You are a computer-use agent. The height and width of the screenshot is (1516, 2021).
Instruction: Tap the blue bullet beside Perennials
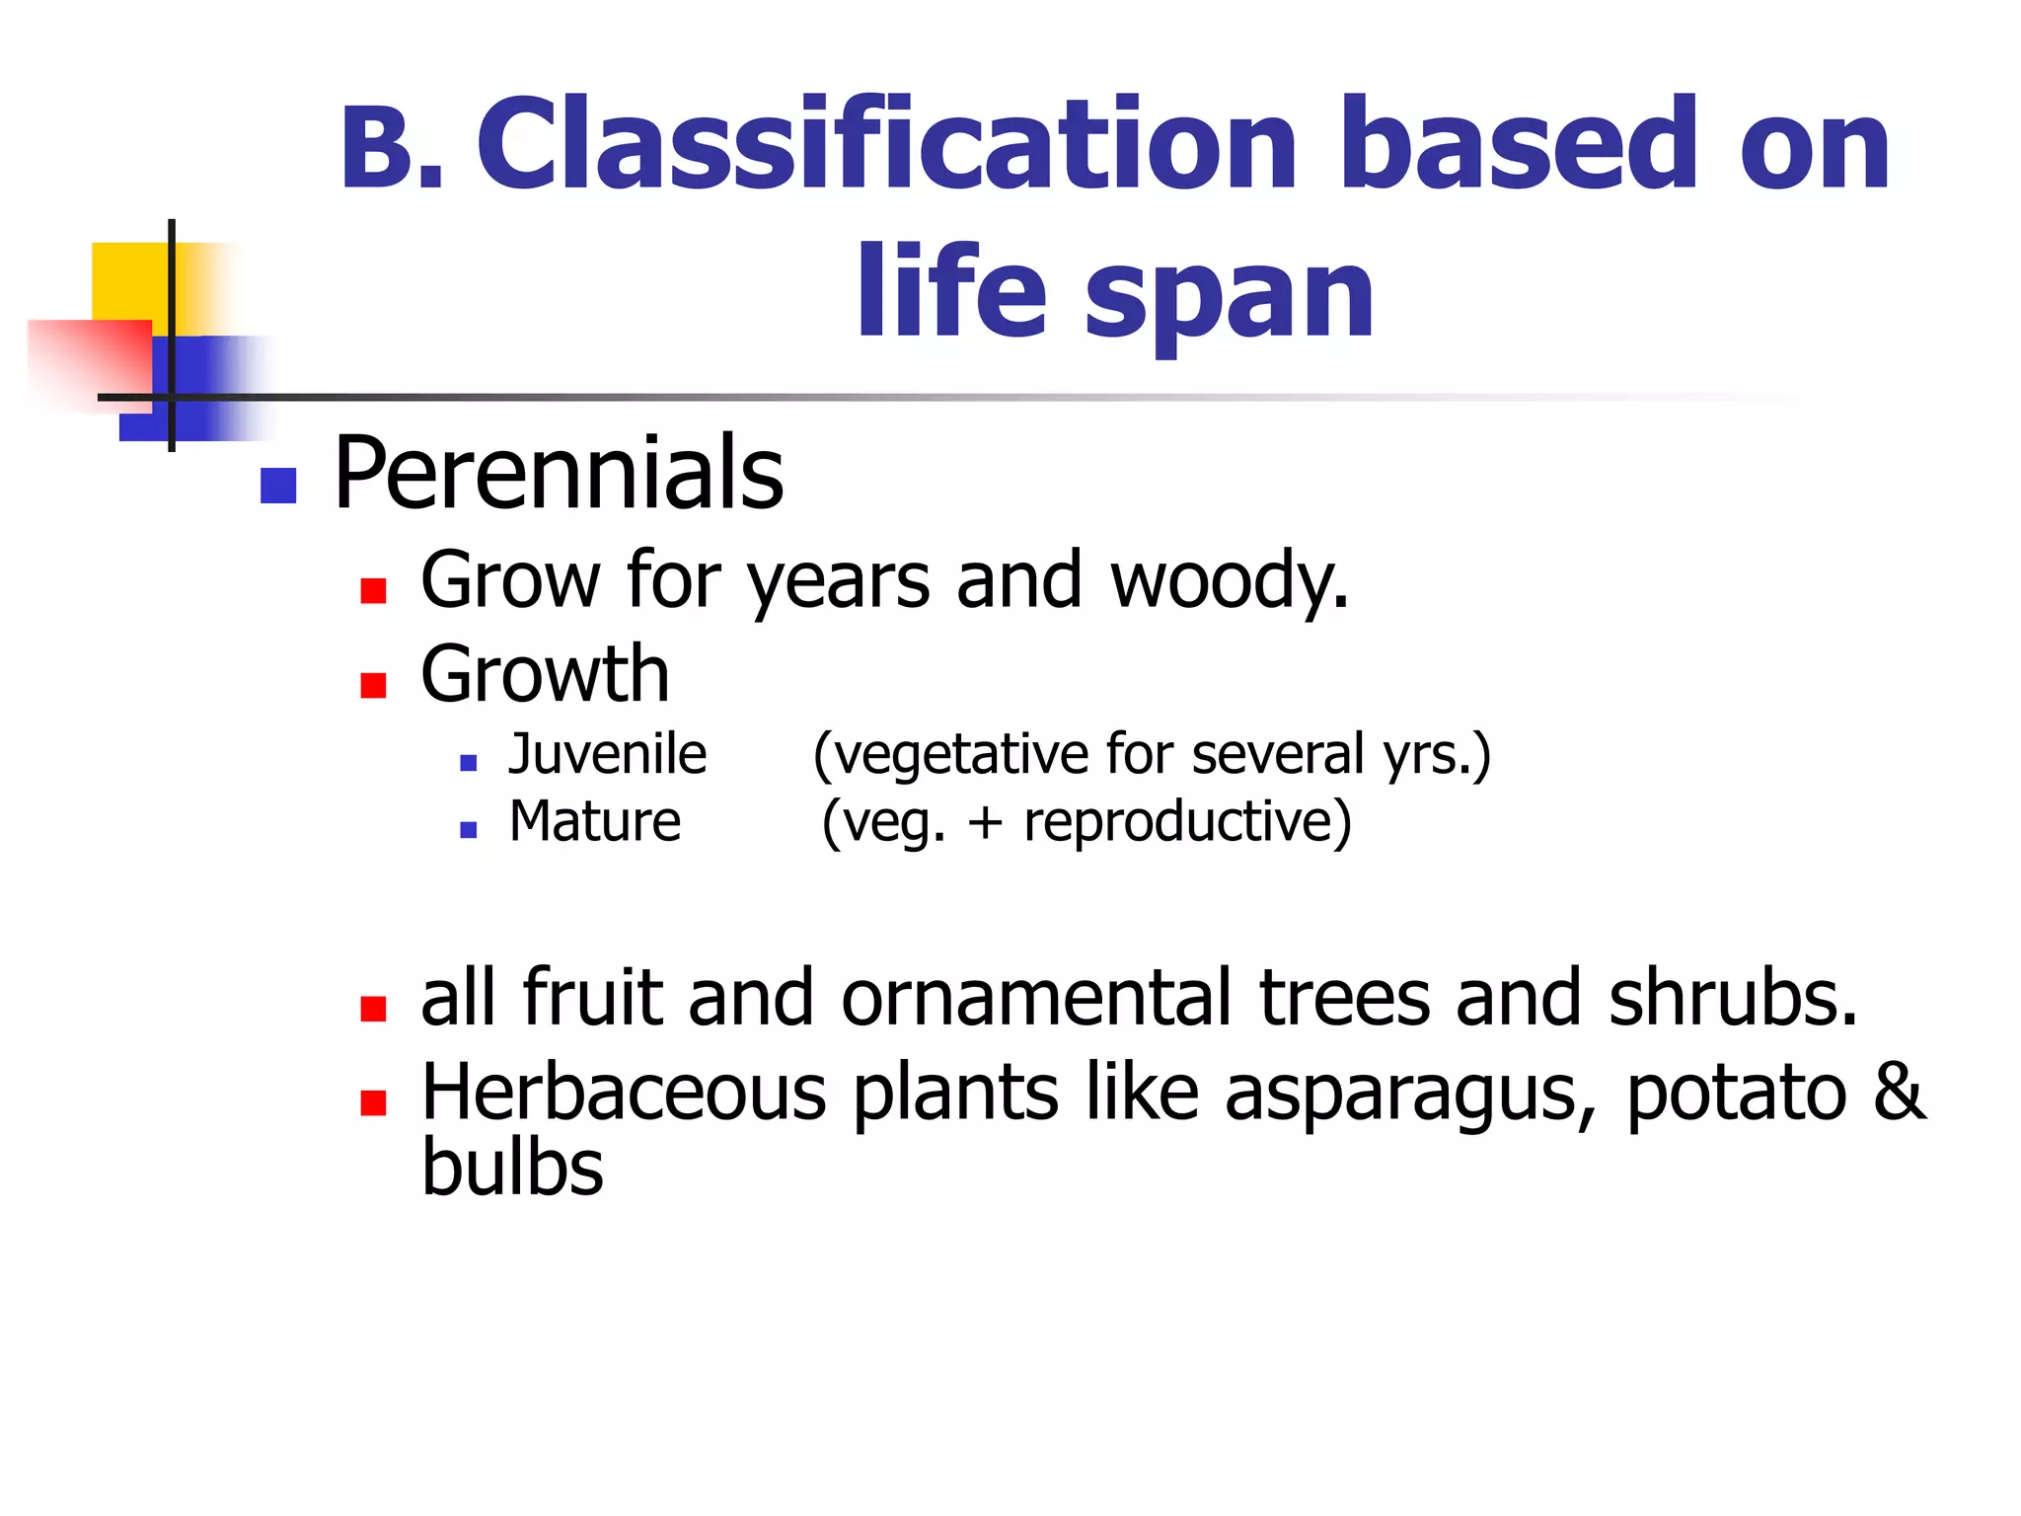(x=278, y=486)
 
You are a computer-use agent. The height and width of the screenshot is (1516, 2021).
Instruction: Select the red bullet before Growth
(x=373, y=685)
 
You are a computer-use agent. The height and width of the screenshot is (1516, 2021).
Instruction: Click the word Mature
(x=594, y=821)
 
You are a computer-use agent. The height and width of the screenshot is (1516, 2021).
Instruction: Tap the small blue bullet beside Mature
(x=469, y=830)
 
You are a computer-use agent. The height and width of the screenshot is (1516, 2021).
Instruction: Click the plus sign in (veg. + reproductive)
(x=984, y=823)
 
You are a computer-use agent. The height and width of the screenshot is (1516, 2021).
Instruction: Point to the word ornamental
(x=1037, y=999)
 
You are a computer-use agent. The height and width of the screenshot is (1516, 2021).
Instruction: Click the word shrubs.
(x=1733, y=999)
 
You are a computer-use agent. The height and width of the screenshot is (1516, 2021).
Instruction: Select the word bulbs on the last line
(x=512, y=1169)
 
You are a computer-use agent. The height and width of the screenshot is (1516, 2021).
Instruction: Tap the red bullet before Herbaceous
(x=373, y=1102)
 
